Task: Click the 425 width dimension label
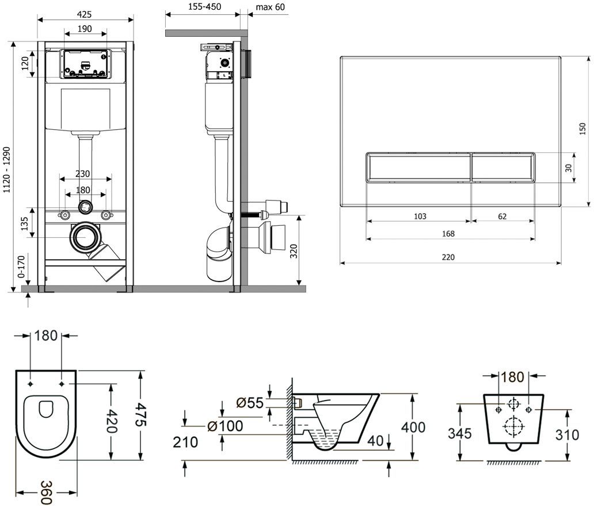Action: tap(86, 14)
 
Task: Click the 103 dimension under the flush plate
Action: tap(420, 217)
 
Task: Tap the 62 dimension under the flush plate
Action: tap(502, 217)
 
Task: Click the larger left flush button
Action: tap(418, 167)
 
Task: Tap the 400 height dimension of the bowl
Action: tap(414, 428)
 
